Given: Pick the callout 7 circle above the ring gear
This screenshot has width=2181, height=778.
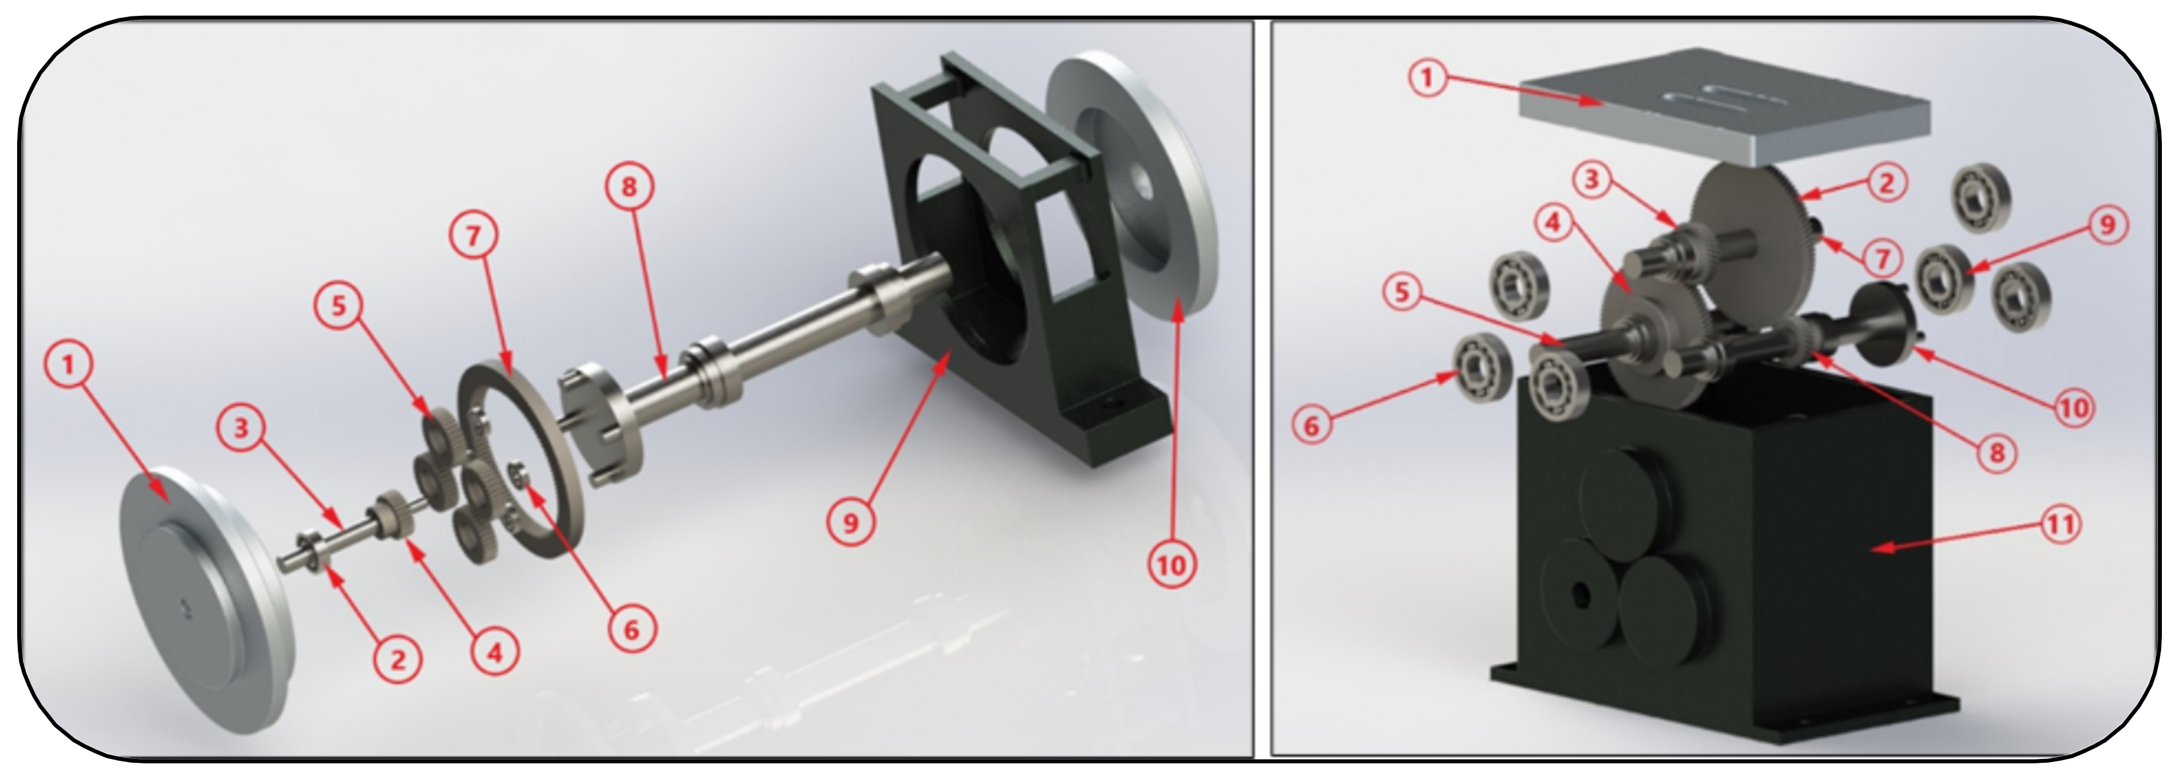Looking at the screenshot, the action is click(x=473, y=235).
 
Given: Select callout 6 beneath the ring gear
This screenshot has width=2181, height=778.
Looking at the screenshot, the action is click(x=631, y=629).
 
